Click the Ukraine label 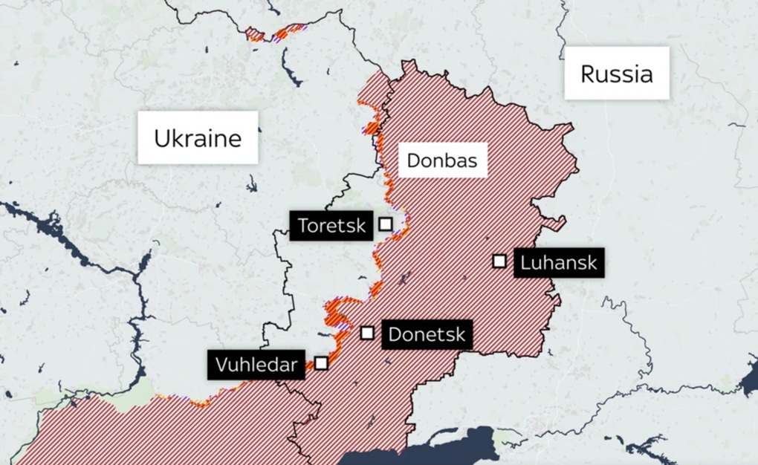pos(198,138)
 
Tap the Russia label pos(617,74)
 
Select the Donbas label pos(442,160)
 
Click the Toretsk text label pos(332,225)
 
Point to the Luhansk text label pos(559,262)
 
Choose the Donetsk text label pos(427,334)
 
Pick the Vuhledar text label pos(256,365)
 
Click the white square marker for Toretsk pos(386,224)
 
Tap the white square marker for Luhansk pos(499,261)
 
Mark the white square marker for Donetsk pos(367,333)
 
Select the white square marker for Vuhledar pos(321,363)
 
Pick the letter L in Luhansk pos(525,262)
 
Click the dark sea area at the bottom pos(446,450)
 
